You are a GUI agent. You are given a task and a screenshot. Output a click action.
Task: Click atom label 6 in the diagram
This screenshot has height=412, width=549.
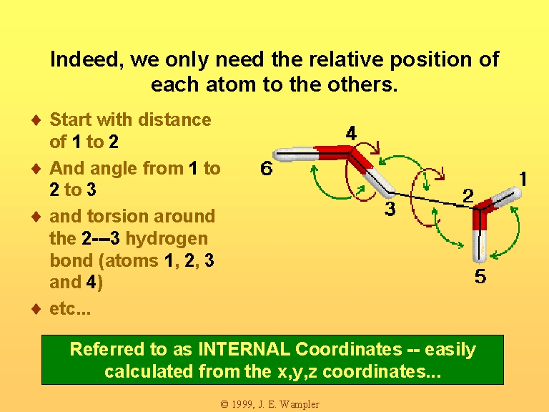tap(266, 168)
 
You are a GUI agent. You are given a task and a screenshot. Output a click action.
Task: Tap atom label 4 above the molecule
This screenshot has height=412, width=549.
tap(351, 134)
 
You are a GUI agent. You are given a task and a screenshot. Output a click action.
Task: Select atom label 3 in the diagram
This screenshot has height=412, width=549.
tap(390, 209)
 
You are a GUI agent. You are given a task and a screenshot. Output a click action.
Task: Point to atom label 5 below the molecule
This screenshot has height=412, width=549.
tap(480, 276)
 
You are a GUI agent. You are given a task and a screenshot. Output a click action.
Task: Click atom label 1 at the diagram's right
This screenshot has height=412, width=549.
tap(523, 179)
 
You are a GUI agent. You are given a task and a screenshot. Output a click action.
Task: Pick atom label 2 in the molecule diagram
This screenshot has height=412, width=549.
tap(468, 195)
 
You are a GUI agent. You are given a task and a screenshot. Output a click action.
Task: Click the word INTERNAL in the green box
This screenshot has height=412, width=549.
tap(244, 349)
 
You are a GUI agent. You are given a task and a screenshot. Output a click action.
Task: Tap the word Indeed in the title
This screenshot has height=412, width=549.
tap(86, 60)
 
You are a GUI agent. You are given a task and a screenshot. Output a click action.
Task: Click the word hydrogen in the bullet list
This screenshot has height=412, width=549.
tap(167, 240)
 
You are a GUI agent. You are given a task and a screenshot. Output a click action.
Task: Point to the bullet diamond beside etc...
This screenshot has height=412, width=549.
tap(36, 309)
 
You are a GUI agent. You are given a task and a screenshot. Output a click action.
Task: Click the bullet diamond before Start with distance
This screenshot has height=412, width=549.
tap(36, 120)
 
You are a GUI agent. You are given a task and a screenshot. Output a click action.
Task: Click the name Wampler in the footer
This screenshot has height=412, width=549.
tap(300, 404)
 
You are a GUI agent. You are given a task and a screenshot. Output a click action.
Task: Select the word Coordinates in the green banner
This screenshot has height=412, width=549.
tap(348, 349)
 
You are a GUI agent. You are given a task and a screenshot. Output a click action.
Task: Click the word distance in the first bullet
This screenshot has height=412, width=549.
tap(174, 120)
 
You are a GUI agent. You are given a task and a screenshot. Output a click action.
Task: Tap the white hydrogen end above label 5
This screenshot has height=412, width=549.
tap(479, 247)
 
